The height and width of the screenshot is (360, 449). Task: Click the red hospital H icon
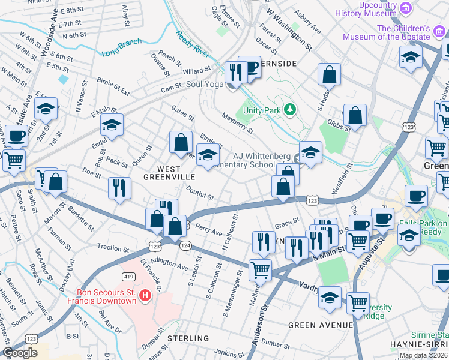(145, 295)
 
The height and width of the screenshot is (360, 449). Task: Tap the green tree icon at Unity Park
(290, 109)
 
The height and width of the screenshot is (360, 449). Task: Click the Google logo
(20, 353)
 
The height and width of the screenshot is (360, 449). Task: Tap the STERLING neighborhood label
(188, 338)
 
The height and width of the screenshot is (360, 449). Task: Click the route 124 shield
(186, 245)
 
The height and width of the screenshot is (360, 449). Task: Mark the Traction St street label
(113, 247)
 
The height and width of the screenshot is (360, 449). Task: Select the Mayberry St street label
(238, 123)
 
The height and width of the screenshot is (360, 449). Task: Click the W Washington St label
(290, 28)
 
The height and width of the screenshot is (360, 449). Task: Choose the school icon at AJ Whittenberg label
(310, 154)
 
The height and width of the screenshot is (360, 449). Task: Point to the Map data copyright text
(423, 355)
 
